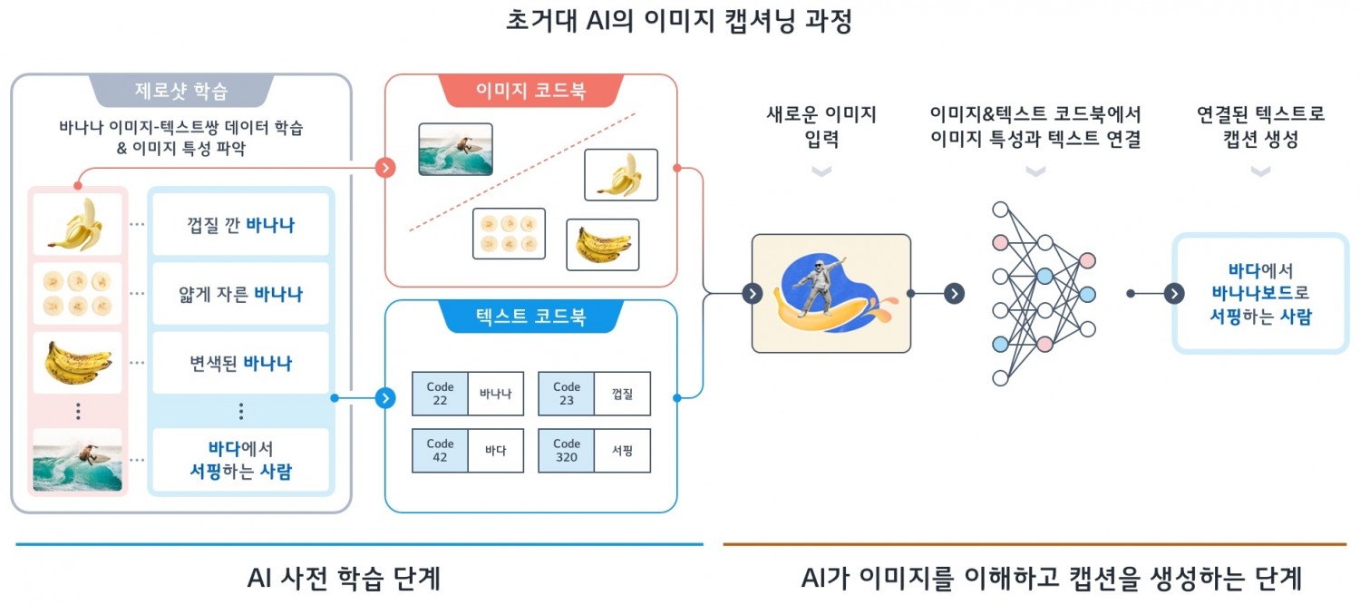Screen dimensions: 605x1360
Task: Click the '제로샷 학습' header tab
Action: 181,91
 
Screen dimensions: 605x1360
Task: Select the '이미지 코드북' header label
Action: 530,91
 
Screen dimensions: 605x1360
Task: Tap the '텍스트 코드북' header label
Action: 530,317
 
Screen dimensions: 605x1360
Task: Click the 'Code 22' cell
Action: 440,394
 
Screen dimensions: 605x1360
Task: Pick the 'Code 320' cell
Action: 567,451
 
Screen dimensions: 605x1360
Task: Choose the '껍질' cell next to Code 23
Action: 622,394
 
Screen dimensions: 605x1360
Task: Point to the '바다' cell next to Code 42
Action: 496,451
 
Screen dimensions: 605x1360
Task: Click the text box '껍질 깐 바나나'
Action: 240,225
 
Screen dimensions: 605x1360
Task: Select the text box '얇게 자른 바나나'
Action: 240,294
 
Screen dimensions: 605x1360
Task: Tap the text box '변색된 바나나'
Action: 240,363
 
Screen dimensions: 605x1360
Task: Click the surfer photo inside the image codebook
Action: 455,149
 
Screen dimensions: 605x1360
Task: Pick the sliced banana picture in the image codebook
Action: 509,233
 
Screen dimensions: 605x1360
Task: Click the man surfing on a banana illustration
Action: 831,293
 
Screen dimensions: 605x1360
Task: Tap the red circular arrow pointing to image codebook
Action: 386,168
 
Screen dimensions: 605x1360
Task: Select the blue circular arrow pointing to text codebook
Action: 385,397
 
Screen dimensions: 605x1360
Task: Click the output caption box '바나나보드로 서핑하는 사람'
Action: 1260,293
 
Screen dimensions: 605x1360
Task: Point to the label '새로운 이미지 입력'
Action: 821,127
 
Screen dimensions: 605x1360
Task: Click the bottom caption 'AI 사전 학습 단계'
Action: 344,578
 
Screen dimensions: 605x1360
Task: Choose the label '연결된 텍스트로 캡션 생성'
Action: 1260,127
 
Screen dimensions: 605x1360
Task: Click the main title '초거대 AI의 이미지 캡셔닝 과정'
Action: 679,21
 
